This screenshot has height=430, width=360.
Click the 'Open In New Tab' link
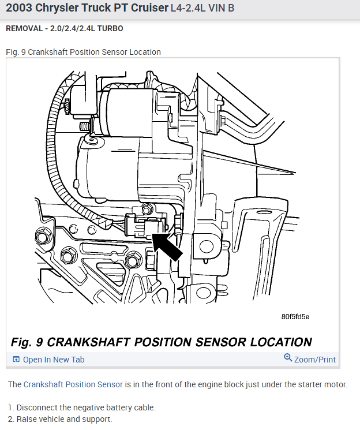(x=53, y=360)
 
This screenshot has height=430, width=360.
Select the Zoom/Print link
(x=314, y=360)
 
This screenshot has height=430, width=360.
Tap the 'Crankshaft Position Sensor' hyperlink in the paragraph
(x=73, y=384)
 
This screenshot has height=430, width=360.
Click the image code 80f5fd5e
(x=295, y=316)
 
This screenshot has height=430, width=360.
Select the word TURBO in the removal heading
(x=111, y=28)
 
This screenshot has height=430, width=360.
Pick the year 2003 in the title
(x=20, y=9)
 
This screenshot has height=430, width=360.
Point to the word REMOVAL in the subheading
(x=22, y=28)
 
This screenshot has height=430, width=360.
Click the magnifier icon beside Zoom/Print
(x=288, y=358)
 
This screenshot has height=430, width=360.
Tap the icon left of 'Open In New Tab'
(x=16, y=360)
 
